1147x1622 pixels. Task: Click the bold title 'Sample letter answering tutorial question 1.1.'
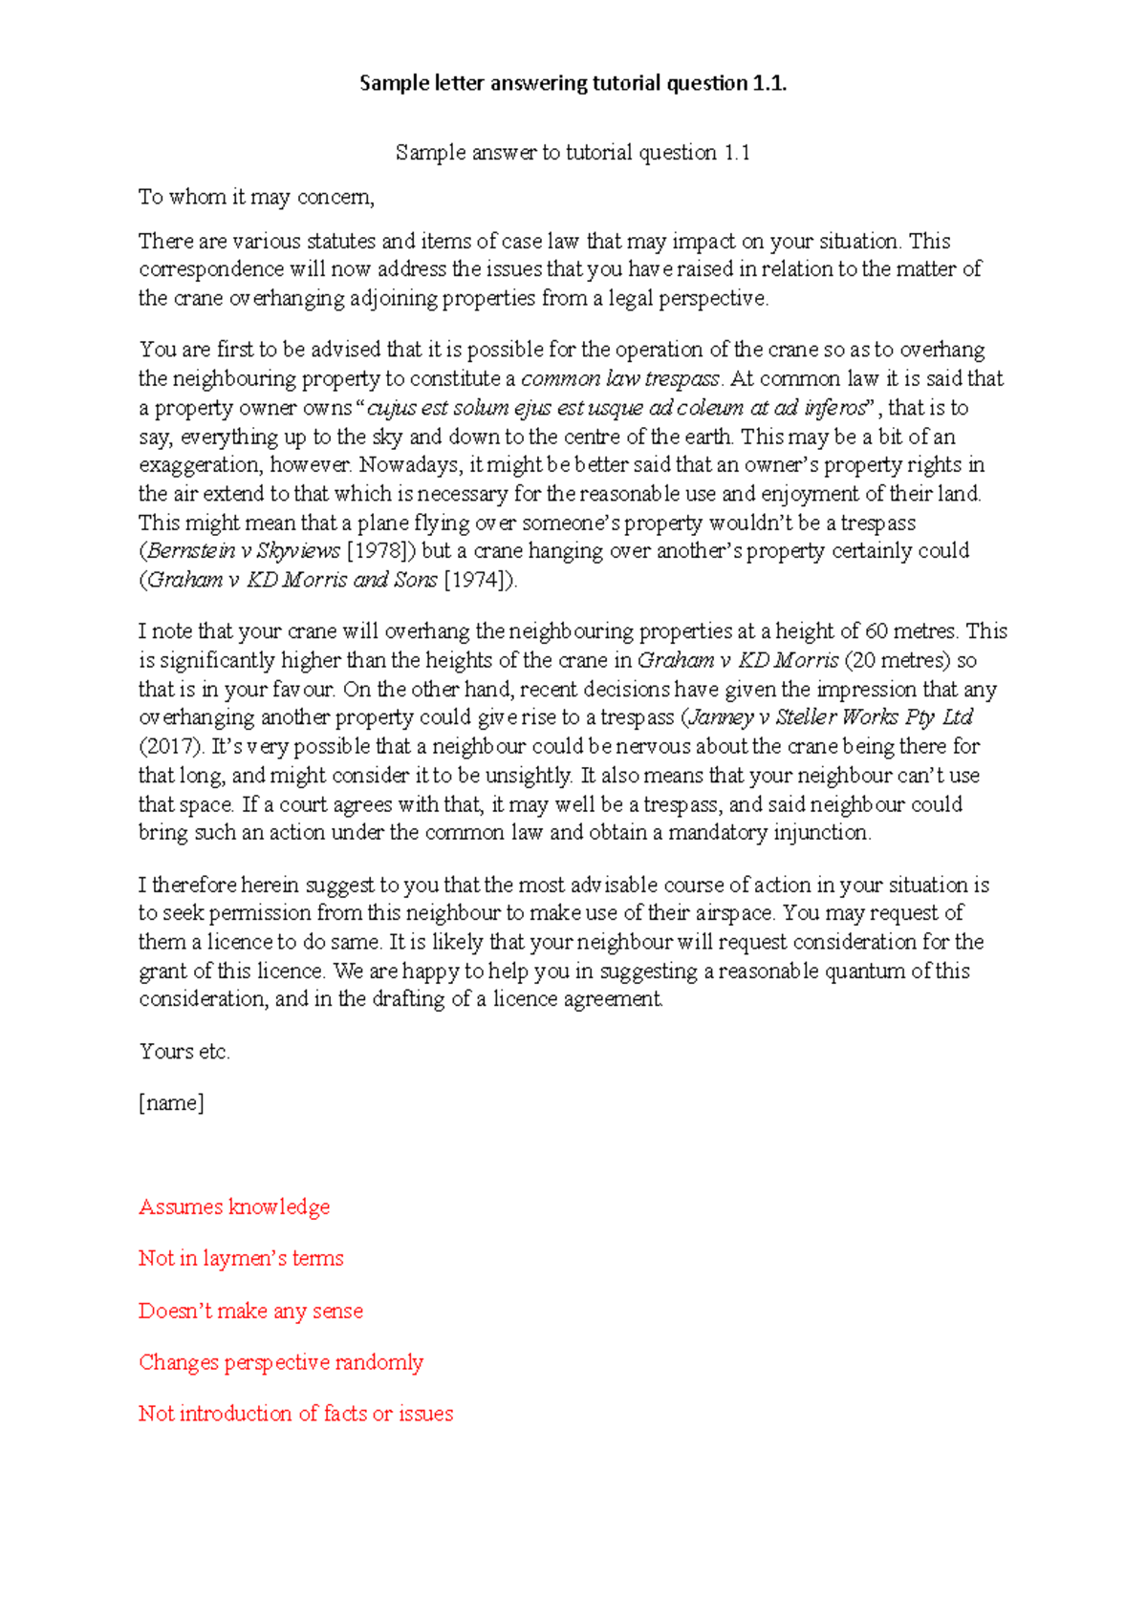tap(573, 83)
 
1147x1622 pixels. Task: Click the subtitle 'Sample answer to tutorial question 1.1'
tap(573, 153)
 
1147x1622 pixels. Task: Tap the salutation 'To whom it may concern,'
tap(256, 197)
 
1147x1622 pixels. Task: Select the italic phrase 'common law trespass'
tap(620, 378)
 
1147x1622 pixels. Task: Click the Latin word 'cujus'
tap(391, 408)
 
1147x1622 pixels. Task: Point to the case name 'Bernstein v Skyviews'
tap(243, 551)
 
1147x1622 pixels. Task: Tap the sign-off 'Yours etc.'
tap(184, 1052)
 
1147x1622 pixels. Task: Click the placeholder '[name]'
tap(171, 1103)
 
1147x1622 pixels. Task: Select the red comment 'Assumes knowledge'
tap(234, 1207)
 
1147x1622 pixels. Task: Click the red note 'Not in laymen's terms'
tap(241, 1259)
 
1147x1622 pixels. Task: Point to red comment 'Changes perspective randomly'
tap(281, 1362)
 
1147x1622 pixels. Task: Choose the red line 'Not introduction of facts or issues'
tap(296, 1414)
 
